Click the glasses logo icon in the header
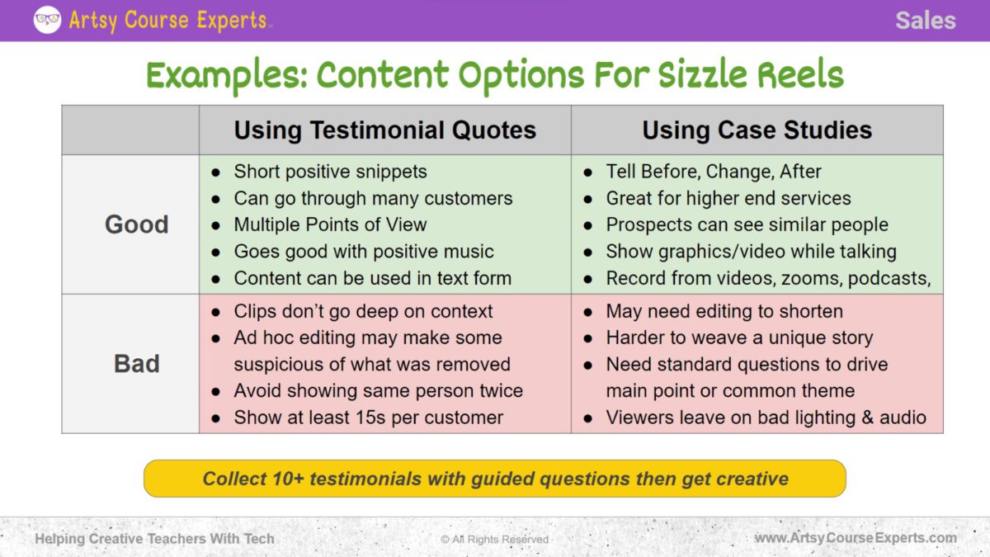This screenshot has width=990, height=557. point(47,20)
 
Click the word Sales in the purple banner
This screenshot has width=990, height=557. point(925,21)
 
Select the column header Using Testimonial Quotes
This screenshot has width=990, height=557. point(384,130)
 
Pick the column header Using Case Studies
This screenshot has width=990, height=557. point(757,130)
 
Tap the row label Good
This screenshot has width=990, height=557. point(136,224)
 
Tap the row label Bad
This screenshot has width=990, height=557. point(136,364)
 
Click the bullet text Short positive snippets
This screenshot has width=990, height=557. point(330,172)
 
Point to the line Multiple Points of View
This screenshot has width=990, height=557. point(330,224)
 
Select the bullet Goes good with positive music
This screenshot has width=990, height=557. point(363,252)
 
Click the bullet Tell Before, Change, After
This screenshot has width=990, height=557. point(714,172)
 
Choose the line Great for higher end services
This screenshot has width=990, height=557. point(728,198)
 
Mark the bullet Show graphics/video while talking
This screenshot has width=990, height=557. point(751,252)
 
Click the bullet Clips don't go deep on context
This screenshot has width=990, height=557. point(363,311)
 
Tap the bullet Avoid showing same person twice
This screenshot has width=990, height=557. point(378,390)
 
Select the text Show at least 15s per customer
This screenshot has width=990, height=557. point(368,418)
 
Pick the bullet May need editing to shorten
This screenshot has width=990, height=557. point(724,311)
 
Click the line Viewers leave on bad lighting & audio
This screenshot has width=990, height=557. point(766,418)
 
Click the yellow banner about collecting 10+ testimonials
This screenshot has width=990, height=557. point(495,479)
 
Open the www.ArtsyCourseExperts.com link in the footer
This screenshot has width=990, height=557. point(856,539)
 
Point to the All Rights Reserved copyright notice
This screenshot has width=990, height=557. point(494,540)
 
